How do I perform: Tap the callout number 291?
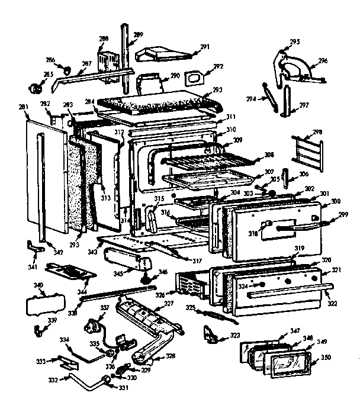[x=205, y=46]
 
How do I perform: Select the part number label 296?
[x=323, y=60]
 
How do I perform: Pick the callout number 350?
[x=325, y=358]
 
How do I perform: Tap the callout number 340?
[x=38, y=285]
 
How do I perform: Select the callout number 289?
[x=138, y=36]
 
